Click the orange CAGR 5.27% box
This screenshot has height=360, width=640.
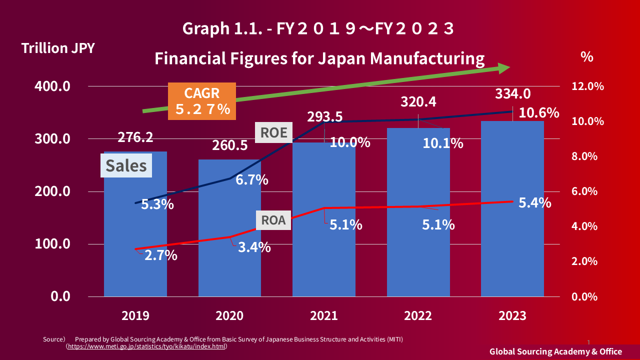pyautogui.click(x=202, y=101)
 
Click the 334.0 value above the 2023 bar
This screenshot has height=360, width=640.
pyautogui.click(x=513, y=94)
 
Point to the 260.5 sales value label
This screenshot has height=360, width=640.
pyautogui.click(x=230, y=145)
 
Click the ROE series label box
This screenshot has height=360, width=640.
pyautogui.click(x=274, y=132)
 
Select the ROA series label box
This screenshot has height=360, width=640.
pyautogui.click(x=274, y=220)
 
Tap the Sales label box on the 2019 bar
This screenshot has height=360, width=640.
pyautogui.click(x=126, y=165)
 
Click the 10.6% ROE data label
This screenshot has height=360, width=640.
pyautogui.click(x=539, y=113)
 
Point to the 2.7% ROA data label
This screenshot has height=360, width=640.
pyautogui.click(x=161, y=255)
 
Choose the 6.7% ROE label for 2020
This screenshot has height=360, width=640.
pyautogui.click(x=252, y=180)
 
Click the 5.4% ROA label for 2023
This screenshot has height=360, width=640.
pyautogui.click(x=535, y=203)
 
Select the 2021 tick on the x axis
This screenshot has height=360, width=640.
pyautogui.click(x=323, y=316)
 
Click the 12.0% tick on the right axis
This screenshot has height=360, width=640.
pyautogui.click(x=587, y=86)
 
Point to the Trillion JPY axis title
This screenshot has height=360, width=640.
pyautogui.click(x=57, y=48)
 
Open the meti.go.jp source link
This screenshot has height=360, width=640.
pyautogui.click(x=147, y=346)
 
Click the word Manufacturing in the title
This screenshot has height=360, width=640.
pyautogui.click(x=427, y=58)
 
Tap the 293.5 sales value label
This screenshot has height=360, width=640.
pyautogui.click(x=325, y=117)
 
